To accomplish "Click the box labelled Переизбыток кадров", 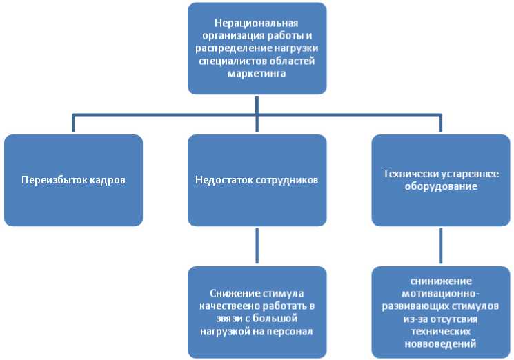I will coord(73,180).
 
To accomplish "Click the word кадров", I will coord(106,181).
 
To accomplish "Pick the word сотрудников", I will coord(284,181).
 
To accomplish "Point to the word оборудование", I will coord(441,186).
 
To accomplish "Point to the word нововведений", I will coord(441,343).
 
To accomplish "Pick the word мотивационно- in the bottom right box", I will coord(441,293).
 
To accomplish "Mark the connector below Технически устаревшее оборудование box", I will coord(441,246).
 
